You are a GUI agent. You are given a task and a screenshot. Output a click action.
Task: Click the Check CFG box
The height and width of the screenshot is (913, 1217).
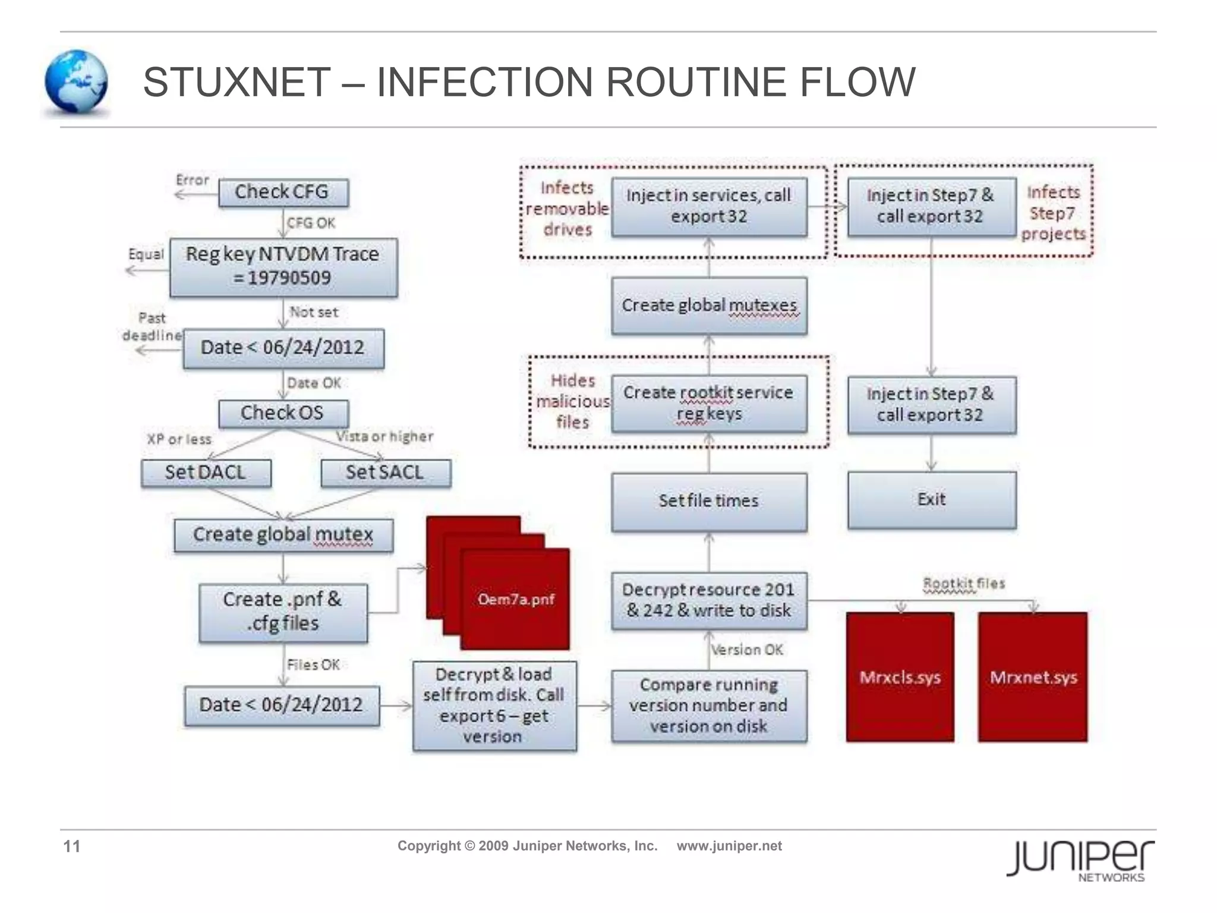coord(283,193)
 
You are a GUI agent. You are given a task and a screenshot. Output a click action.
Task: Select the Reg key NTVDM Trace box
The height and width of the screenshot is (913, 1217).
coord(283,267)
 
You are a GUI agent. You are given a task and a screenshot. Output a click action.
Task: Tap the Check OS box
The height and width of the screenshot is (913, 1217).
coord(283,413)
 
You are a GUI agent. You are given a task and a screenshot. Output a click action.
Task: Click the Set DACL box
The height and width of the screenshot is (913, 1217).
coord(206,473)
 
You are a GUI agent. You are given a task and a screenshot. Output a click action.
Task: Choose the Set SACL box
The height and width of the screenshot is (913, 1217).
coord(385,473)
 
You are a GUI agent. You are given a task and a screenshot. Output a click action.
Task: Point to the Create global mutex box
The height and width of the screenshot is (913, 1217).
coord(283,535)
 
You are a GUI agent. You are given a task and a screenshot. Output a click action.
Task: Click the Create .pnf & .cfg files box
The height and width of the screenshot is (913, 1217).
coord(283,612)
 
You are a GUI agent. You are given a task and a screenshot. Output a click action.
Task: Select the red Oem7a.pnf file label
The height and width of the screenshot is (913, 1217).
coord(515,599)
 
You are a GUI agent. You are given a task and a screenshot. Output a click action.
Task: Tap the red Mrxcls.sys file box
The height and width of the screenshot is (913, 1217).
coord(900,678)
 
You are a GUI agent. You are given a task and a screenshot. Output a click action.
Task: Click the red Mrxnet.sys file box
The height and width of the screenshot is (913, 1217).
coord(1033,678)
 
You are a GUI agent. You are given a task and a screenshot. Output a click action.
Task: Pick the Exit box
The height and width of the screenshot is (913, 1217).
coord(931,500)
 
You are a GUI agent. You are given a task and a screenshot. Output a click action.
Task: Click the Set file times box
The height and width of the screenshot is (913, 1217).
coord(708,501)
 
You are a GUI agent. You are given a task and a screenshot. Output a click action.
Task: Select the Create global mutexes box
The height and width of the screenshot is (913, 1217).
coord(708,306)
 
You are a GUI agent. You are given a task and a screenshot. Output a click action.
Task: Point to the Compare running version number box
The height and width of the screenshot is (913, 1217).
coord(708,706)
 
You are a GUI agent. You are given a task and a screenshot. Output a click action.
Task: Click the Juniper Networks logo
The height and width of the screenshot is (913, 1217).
coord(1080,859)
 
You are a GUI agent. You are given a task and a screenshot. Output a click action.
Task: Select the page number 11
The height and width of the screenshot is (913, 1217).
coord(72,846)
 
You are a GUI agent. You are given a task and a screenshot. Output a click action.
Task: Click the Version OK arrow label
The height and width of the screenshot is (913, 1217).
coord(747,650)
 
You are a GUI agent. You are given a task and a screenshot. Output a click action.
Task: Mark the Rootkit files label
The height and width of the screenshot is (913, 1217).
coord(963,584)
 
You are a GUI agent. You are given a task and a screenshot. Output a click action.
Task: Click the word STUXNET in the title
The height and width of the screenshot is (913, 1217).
coord(237,82)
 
